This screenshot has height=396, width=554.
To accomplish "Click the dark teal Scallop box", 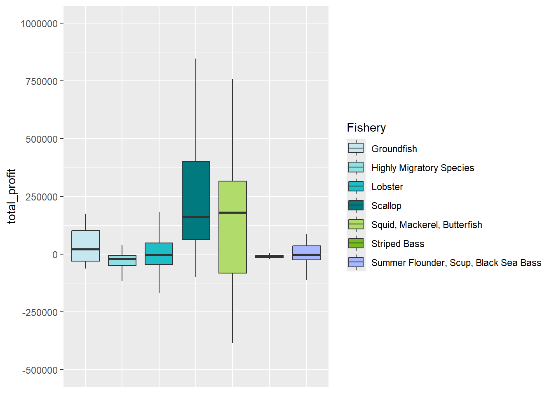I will (x=196, y=190).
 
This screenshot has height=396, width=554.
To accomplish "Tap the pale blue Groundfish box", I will (x=85, y=239).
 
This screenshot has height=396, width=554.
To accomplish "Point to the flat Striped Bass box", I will (x=269, y=256).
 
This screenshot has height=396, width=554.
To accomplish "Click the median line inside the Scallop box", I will (x=196, y=217).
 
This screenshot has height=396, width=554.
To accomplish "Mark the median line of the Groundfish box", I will (x=85, y=249).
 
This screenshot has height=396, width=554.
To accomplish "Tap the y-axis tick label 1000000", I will (x=39, y=24).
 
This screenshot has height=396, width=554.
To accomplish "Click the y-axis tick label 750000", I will (x=42, y=82).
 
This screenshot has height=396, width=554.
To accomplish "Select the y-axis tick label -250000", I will (x=40, y=313).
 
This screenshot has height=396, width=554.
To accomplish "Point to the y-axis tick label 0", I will (x=55, y=255).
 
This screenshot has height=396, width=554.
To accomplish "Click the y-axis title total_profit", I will (x=12, y=196).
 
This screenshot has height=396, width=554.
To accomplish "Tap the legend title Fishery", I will (x=366, y=128).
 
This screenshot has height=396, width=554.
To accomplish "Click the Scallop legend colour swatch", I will (x=356, y=205).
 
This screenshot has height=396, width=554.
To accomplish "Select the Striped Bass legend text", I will (x=397, y=244).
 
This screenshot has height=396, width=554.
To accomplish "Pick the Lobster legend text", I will (x=387, y=187).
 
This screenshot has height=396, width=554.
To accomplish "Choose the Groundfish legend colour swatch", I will (x=356, y=148).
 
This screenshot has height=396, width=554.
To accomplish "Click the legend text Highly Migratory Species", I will (x=422, y=168).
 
